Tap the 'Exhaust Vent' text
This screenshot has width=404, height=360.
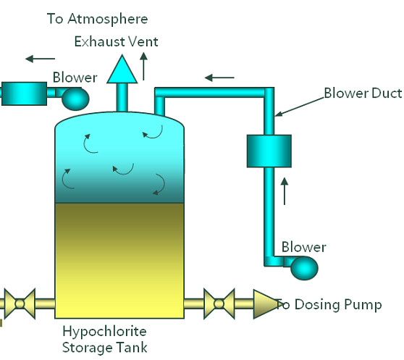coord(116,41)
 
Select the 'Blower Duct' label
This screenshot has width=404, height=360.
coord(363,93)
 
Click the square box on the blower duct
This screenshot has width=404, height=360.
coord(269,150)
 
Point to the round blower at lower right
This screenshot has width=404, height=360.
coord(303,268)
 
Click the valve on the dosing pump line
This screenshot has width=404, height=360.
coord(218,303)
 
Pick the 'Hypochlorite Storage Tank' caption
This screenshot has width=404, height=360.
coord(105,339)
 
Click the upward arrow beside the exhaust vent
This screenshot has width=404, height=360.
coord(144,69)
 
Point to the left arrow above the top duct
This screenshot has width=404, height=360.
coord(219,76)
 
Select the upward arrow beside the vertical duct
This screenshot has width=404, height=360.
coord(285,190)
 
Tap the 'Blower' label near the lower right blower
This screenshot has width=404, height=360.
coord(303,247)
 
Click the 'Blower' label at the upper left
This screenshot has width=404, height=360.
coord(75,78)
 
